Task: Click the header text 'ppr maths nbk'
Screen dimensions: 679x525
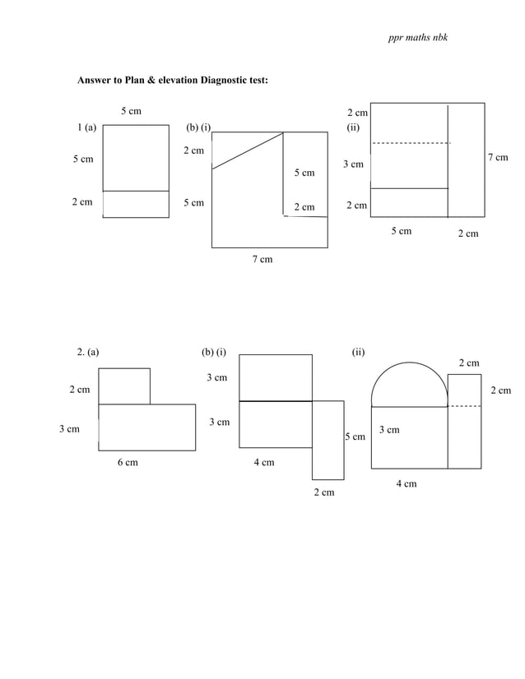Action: click(418, 39)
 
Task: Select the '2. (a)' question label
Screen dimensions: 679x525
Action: click(87, 353)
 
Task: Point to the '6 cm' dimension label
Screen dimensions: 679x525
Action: click(127, 463)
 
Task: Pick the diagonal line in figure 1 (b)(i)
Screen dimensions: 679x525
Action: click(247, 151)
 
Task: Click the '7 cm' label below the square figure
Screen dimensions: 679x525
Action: click(262, 260)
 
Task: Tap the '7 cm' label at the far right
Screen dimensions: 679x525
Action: click(497, 158)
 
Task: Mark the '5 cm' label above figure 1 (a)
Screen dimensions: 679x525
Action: click(131, 110)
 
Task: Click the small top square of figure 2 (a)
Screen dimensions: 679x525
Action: click(124, 386)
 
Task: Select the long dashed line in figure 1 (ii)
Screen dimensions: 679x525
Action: click(411, 144)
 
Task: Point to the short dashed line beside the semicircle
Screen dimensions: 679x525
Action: click(465, 406)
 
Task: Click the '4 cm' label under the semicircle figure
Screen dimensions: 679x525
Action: click(406, 484)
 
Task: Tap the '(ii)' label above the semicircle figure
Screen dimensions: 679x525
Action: click(358, 353)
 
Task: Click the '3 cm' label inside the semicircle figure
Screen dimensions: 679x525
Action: click(389, 430)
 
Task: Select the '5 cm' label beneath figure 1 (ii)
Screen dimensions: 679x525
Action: click(401, 232)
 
